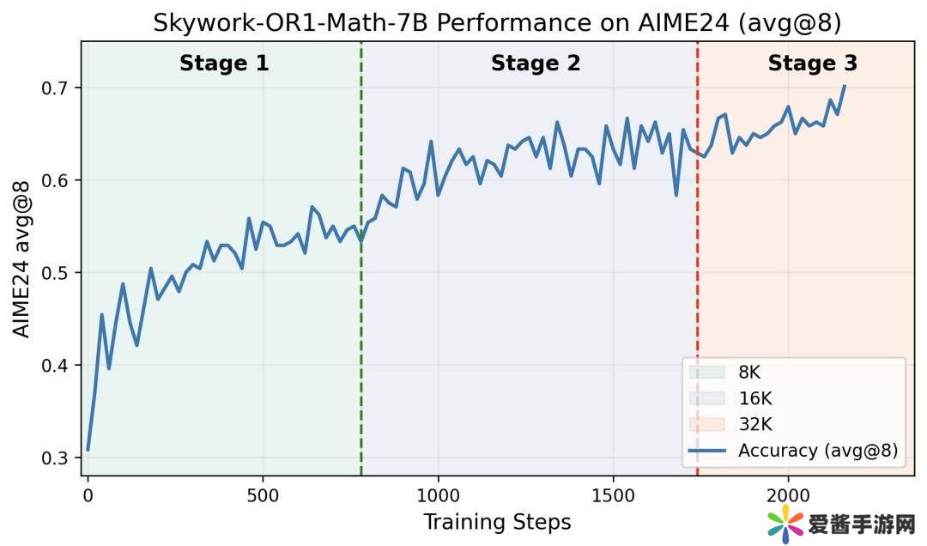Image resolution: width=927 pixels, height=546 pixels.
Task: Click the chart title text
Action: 497,23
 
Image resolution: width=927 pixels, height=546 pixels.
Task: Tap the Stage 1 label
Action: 224,64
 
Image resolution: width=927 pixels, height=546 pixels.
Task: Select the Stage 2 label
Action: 536,64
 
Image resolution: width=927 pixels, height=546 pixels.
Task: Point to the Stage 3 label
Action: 812,64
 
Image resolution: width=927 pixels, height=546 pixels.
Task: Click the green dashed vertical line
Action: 361,258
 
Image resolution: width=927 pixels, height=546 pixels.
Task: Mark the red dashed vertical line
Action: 697,258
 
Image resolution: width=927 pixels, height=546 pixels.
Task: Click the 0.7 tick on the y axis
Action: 55,88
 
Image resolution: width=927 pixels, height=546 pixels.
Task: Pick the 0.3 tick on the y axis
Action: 55,458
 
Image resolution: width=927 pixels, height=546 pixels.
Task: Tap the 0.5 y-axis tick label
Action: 55,273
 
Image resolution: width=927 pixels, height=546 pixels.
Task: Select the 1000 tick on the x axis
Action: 438,495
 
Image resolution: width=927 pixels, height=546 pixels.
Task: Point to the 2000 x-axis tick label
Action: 789,495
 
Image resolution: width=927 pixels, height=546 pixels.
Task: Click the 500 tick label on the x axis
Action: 262,495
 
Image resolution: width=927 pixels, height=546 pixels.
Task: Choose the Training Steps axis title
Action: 497,522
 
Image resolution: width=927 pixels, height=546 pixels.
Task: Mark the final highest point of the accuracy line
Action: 845,86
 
